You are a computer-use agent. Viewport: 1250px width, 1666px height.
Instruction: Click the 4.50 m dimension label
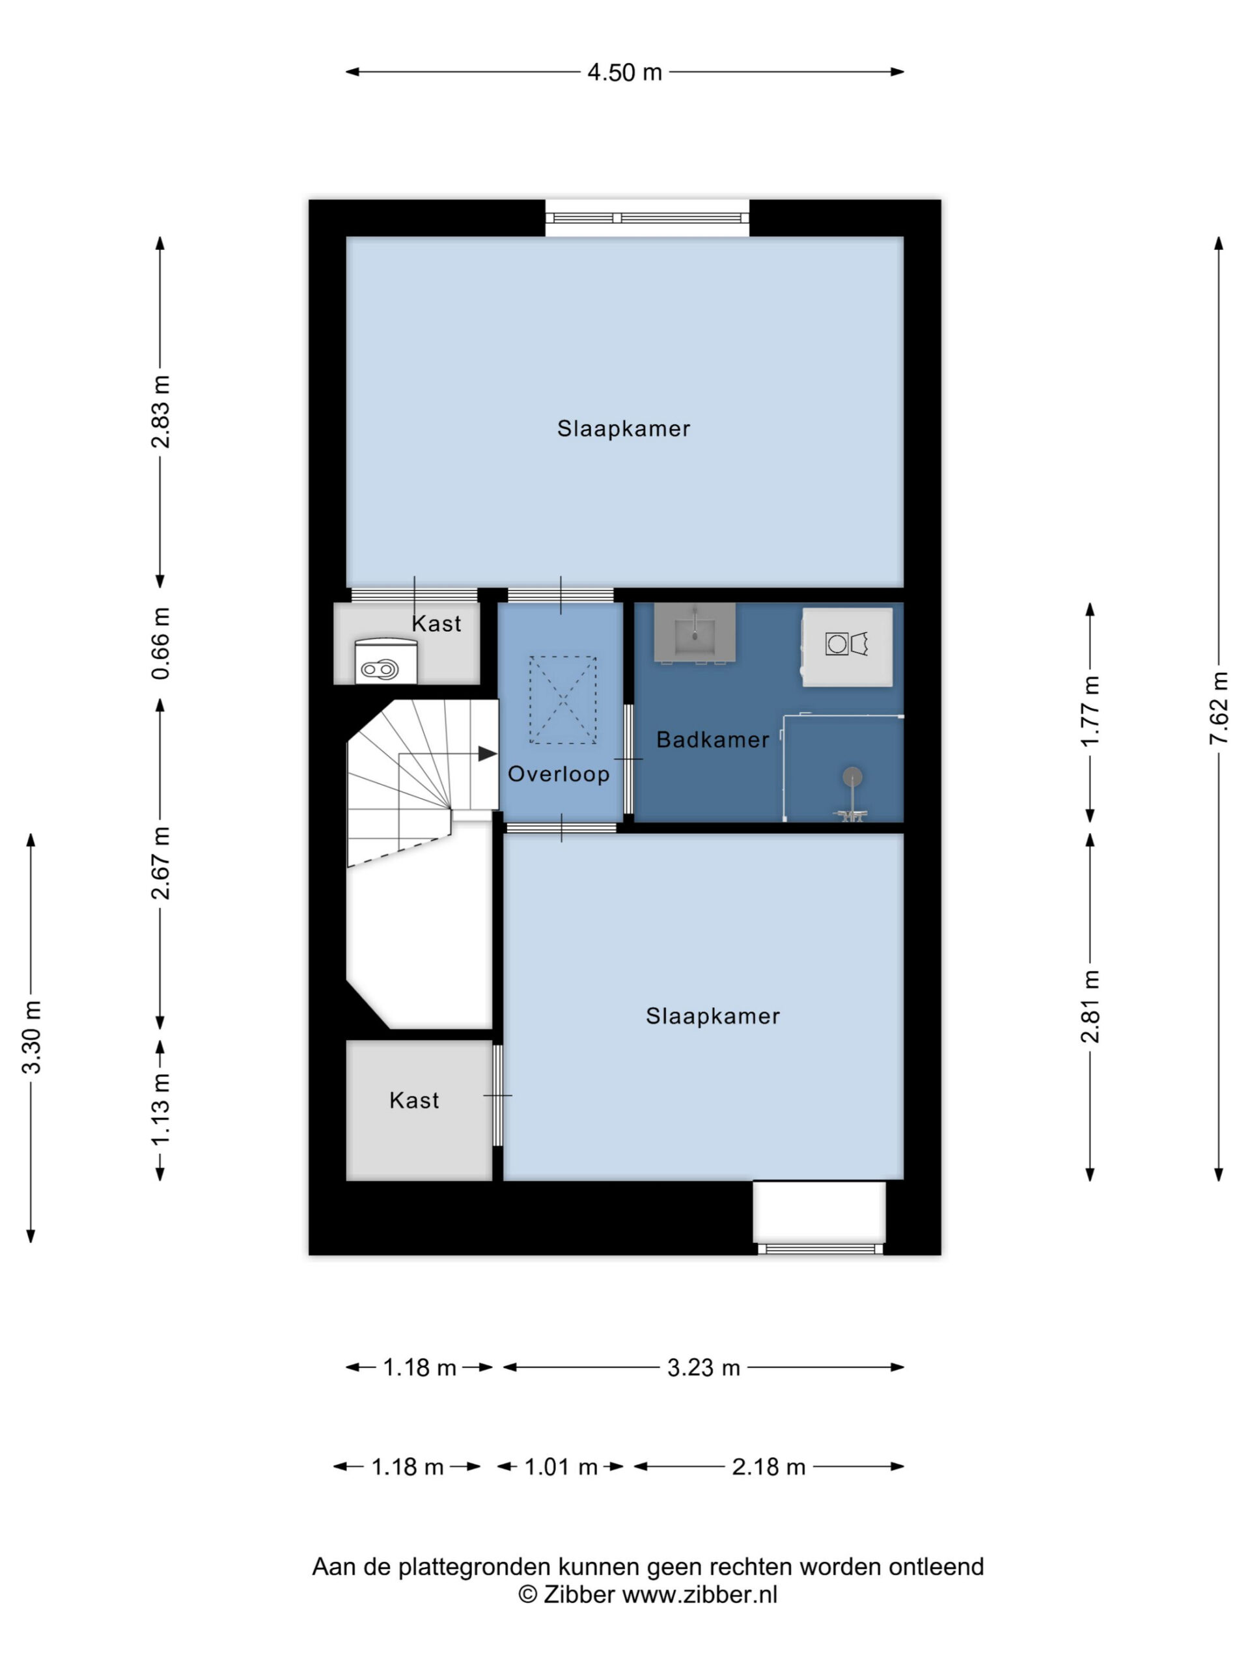click(624, 72)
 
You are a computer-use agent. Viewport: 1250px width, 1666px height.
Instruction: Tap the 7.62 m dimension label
click(1218, 708)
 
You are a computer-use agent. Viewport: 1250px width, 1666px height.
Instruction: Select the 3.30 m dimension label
click(31, 1038)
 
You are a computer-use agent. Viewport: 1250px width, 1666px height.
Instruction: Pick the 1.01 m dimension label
click(561, 1467)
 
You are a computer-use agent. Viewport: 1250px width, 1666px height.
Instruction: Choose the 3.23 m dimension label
click(704, 1368)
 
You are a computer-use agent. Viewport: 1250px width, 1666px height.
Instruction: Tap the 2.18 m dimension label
click(768, 1467)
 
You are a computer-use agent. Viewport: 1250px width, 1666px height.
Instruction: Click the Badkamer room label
click(713, 739)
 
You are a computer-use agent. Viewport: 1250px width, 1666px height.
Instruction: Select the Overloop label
click(559, 774)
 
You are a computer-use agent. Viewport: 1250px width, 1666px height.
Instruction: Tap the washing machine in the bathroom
click(847, 647)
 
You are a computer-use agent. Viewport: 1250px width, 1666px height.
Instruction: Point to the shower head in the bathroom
click(852, 776)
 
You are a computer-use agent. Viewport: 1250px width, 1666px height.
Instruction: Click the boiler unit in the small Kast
click(386, 661)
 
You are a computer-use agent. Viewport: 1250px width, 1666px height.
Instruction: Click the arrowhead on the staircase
click(488, 753)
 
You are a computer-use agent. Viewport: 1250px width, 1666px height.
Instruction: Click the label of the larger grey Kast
click(415, 1100)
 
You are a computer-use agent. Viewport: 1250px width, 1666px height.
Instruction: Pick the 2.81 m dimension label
click(1090, 1006)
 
